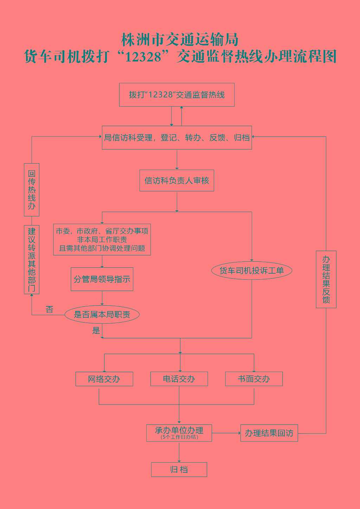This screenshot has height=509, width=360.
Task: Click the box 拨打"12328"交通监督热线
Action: pyautogui.click(x=177, y=95)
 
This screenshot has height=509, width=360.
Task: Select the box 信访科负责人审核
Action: pyautogui.click(x=177, y=181)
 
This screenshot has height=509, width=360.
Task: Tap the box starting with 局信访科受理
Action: pyautogui.click(x=177, y=138)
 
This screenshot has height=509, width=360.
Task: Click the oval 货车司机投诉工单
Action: pyautogui.click(x=252, y=271)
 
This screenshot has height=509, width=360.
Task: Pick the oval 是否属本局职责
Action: pyautogui.click(x=102, y=314)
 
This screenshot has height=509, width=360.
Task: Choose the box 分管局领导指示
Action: pyautogui.click(x=102, y=279)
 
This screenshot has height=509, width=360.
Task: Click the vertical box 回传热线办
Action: pyautogui.click(x=32, y=190)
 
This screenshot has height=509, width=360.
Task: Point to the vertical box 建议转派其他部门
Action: pyautogui.click(x=32, y=260)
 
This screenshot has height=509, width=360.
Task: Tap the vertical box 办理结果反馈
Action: pyautogui.click(x=326, y=279)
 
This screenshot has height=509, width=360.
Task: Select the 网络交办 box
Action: pyautogui.click(x=104, y=379)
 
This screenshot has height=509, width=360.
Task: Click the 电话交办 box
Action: pyautogui.click(x=179, y=379)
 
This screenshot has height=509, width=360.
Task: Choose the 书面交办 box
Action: pyautogui.click(x=254, y=379)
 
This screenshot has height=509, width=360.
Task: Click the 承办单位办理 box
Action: pyautogui.click(x=179, y=431)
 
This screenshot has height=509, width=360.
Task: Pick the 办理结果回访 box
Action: pyautogui.click(x=269, y=433)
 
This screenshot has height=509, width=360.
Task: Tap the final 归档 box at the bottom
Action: pyautogui.click(x=179, y=470)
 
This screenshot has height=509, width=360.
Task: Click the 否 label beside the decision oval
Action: pyautogui.click(x=50, y=310)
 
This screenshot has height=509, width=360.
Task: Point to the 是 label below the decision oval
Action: pyautogui.click(x=96, y=331)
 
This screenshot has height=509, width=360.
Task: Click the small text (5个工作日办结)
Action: pyautogui.click(x=179, y=437)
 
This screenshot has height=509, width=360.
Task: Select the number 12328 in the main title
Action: pyautogui.click(x=143, y=57)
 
